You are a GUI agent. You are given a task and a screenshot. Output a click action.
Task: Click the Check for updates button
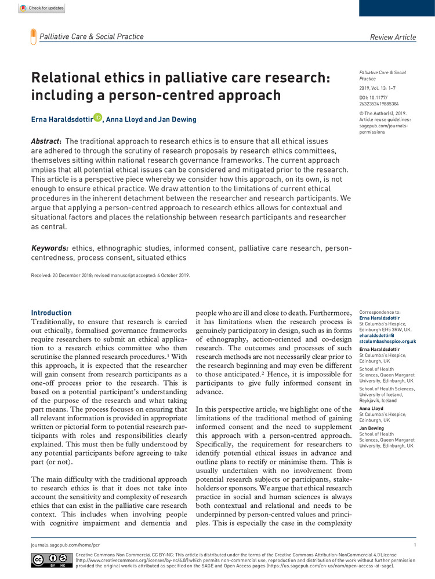(x=41, y=9)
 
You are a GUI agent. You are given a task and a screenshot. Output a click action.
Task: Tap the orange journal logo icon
(x=32, y=37)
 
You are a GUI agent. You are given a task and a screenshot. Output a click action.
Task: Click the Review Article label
(x=393, y=37)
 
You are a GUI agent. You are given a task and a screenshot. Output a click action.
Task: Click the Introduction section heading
(x=52, y=313)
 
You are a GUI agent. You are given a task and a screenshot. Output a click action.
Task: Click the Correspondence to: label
(x=380, y=312)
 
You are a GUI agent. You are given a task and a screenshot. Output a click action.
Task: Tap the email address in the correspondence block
(x=387, y=339)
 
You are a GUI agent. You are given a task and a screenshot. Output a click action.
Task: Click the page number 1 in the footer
(x=415, y=545)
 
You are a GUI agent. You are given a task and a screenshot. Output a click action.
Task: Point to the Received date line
(x=110, y=275)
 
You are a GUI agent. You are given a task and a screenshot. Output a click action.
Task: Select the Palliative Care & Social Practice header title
(x=91, y=37)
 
